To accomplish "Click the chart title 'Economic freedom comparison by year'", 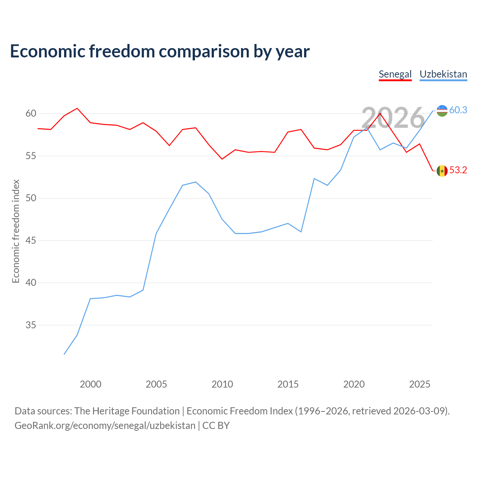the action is coord(159,51).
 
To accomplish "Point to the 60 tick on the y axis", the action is coord(31,113).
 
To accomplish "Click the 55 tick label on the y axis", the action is coord(31,156).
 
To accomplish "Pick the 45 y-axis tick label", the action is coord(31,240).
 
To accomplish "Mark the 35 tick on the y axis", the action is coord(31,325).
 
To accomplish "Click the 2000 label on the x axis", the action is coord(90,384).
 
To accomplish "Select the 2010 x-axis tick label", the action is coord(222,384).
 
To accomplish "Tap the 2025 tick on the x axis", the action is coord(420,384).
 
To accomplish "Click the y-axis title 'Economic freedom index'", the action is coord(16,231).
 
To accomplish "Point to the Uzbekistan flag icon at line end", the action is coord(442,111).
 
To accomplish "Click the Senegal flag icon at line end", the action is coord(442,171).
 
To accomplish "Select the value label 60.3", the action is coord(458,110).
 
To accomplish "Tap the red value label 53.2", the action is coord(458,170).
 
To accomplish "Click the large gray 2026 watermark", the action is coord(393,118).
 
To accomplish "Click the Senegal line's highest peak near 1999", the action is coord(77,108).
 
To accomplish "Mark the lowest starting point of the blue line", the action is coord(64,354).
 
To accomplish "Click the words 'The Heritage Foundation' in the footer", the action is coord(127,411).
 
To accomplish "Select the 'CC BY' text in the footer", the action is coord(216,426).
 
